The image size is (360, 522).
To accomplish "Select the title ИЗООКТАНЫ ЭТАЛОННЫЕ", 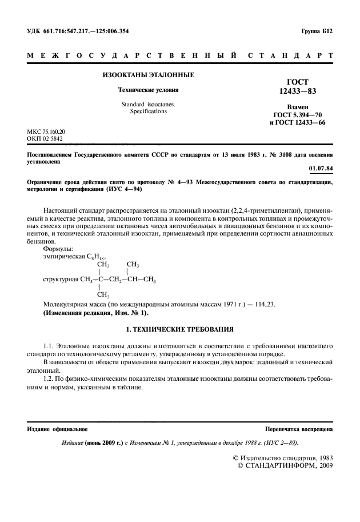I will (x=148, y=75).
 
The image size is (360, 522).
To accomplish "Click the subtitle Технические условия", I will (x=148, y=90).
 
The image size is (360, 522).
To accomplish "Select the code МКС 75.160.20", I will (x=46, y=131).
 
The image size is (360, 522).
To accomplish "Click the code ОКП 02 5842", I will (x=45, y=138).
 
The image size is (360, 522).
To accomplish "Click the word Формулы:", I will (x=58, y=249).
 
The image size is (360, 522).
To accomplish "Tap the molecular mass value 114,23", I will (x=265, y=304).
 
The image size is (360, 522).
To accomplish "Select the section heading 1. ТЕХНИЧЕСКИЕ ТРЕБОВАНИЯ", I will (x=179, y=330).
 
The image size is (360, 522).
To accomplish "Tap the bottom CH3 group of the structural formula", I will (x=103, y=295).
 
